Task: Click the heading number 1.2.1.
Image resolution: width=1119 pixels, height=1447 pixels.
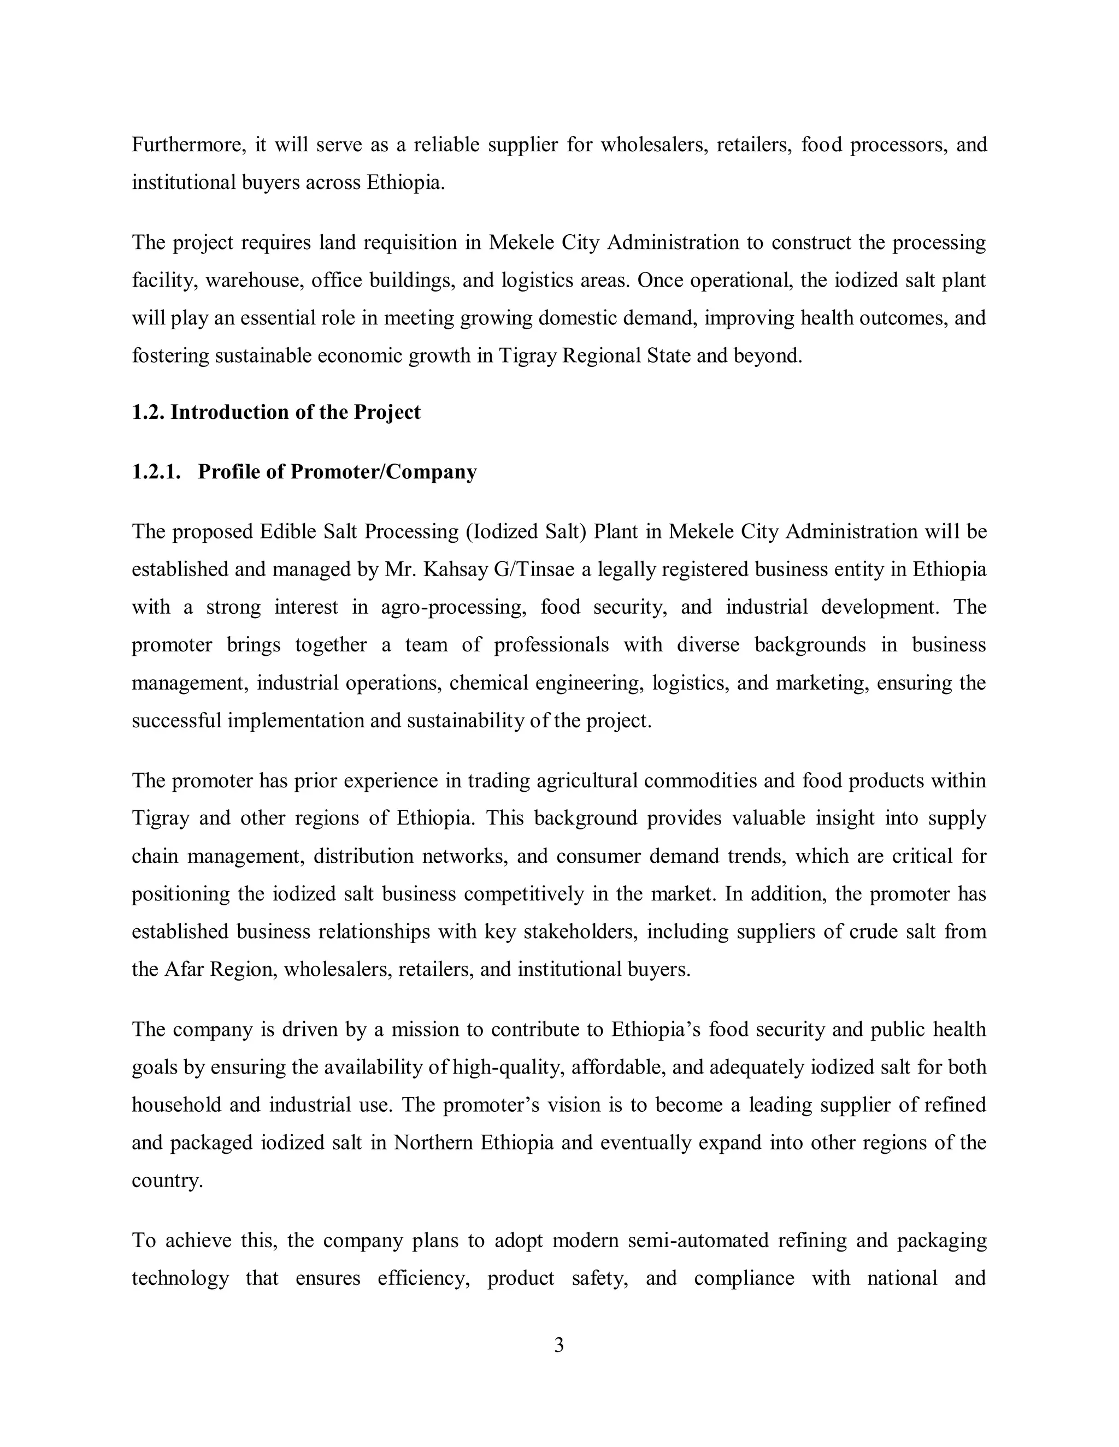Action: pos(156,472)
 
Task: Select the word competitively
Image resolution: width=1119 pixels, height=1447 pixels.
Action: pos(523,894)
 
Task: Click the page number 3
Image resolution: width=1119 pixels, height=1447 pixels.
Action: pos(559,1345)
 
